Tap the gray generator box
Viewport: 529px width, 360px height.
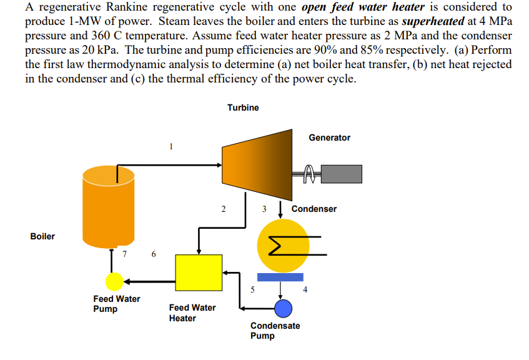pyautogui.click(x=342, y=174)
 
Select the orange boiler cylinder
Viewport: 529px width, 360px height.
pyautogui.click(x=108, y=206)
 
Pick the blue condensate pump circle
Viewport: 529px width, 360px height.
pyautogui.click(x=284, y=307)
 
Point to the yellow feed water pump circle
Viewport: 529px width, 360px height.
pyautogui.click(x=114, y=282)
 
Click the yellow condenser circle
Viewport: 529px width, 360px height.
pyautogui.click(x=283, y=244)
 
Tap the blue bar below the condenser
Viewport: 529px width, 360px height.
pyautogui.click(x=280, y=277)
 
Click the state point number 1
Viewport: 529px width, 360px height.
pyautogui.click(x=170, y=147)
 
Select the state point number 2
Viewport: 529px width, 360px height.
pyautogui.click(x=223, y=209)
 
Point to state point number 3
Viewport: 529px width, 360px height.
pyautogui.click(x=264, y=209)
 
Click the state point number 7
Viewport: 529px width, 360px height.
pyautogui.click(x=124, y=254)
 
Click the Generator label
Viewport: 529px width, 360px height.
pyautogui.click(x=329, y=137)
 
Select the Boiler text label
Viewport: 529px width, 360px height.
pyautogui.click(x=42, y=236)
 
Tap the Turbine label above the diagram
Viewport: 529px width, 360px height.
pyautogui.click(x=243, y=107)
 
